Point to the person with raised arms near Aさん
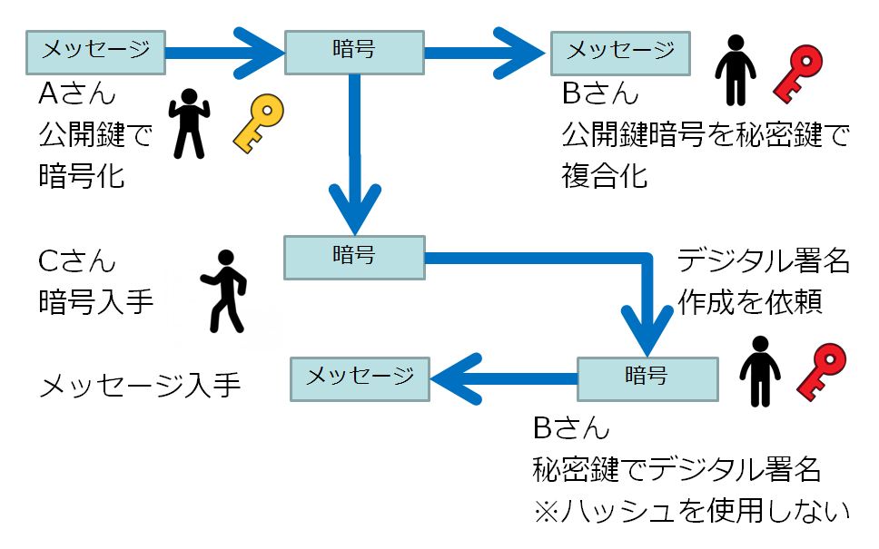tap(189, 123)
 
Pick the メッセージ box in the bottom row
tap(359, 377)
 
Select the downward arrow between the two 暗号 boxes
tap(354, 154)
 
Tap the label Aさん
tap(77, 94)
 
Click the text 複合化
tap(605, 175)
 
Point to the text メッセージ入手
tap(140, 387)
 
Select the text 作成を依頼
tap(749, 302)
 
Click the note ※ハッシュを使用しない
tap(691, 511)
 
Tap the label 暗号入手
tap(96, 302)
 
